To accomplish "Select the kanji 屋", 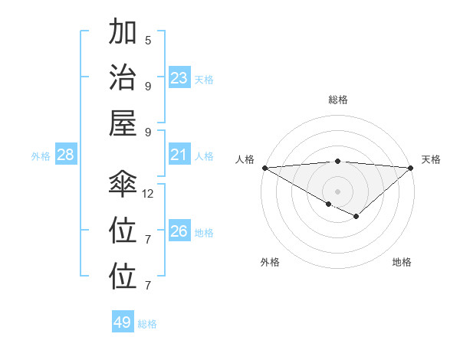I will (123, 122).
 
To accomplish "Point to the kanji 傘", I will (123, 185).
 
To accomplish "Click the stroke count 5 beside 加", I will (148, 41).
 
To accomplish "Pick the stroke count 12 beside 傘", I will (148, 194).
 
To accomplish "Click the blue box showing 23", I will (179, 78).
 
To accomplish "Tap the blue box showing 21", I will (179, 155).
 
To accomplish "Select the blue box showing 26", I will (179, 231).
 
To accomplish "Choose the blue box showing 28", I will (66, 155).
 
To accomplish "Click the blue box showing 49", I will (123, 322).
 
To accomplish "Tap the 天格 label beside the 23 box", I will (204, 80).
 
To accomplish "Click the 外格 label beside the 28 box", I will (41, 156).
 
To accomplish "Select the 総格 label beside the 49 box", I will (147, 324).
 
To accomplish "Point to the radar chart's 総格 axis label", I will (337, 100).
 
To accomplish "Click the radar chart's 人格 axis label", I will (245, 159).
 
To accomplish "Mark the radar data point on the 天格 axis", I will (411, 167).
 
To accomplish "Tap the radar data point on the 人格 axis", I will (264, 167).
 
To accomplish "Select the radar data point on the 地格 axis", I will (356, 218).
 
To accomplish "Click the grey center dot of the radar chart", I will (337, 191).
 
